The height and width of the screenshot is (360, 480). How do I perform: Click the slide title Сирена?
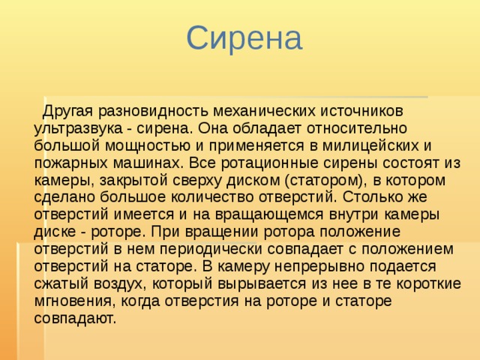(x=244, y=38)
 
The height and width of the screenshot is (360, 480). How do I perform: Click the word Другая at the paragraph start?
(x=67, y=112)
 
